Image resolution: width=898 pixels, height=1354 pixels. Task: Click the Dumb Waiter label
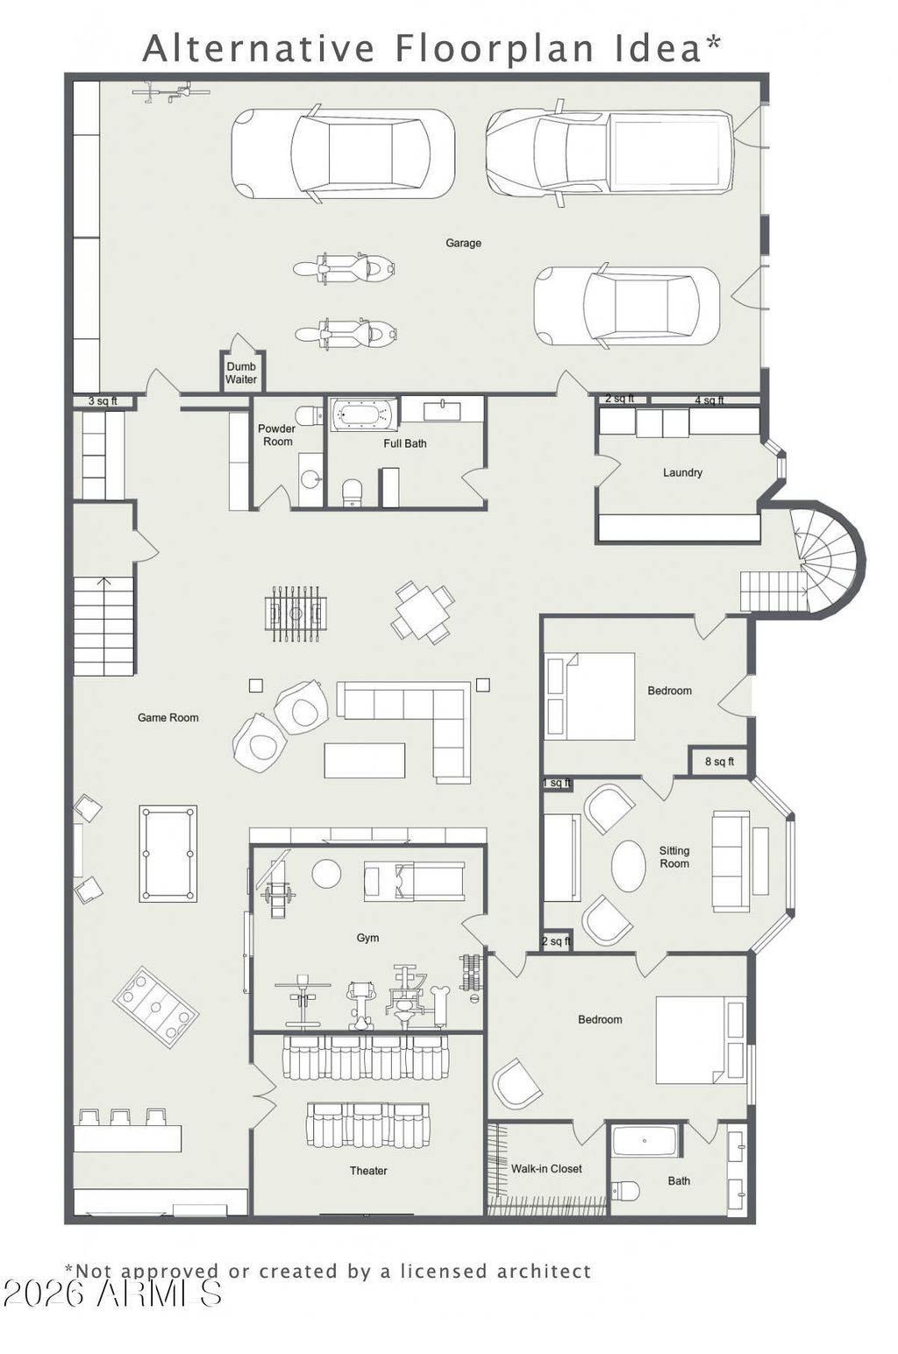coord(241,373)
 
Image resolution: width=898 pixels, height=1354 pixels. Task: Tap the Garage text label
coord(463,243)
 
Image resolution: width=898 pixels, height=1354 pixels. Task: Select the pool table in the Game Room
coord(167,854)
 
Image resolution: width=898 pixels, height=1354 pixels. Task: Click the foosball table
coord(296,613)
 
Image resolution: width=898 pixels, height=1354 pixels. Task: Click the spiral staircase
coord(829,556)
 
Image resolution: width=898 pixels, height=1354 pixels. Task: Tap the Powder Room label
coord(277,435)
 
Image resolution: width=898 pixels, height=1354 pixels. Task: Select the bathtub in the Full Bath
coord(364,414)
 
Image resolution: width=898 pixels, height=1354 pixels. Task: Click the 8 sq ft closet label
coord(719,762)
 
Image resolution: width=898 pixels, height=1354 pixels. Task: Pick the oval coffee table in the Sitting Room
coord(628,866)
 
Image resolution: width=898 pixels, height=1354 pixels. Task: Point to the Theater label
coord(368,1170)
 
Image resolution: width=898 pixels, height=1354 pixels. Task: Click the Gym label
coord(367,938)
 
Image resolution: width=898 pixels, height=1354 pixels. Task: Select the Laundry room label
coord(682,472)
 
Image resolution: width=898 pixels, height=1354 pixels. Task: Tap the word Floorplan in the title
coord(493,49)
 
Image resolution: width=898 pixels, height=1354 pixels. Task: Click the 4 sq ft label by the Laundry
coord(709,401)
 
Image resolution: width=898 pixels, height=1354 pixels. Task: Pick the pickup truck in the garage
coord(609,153)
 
